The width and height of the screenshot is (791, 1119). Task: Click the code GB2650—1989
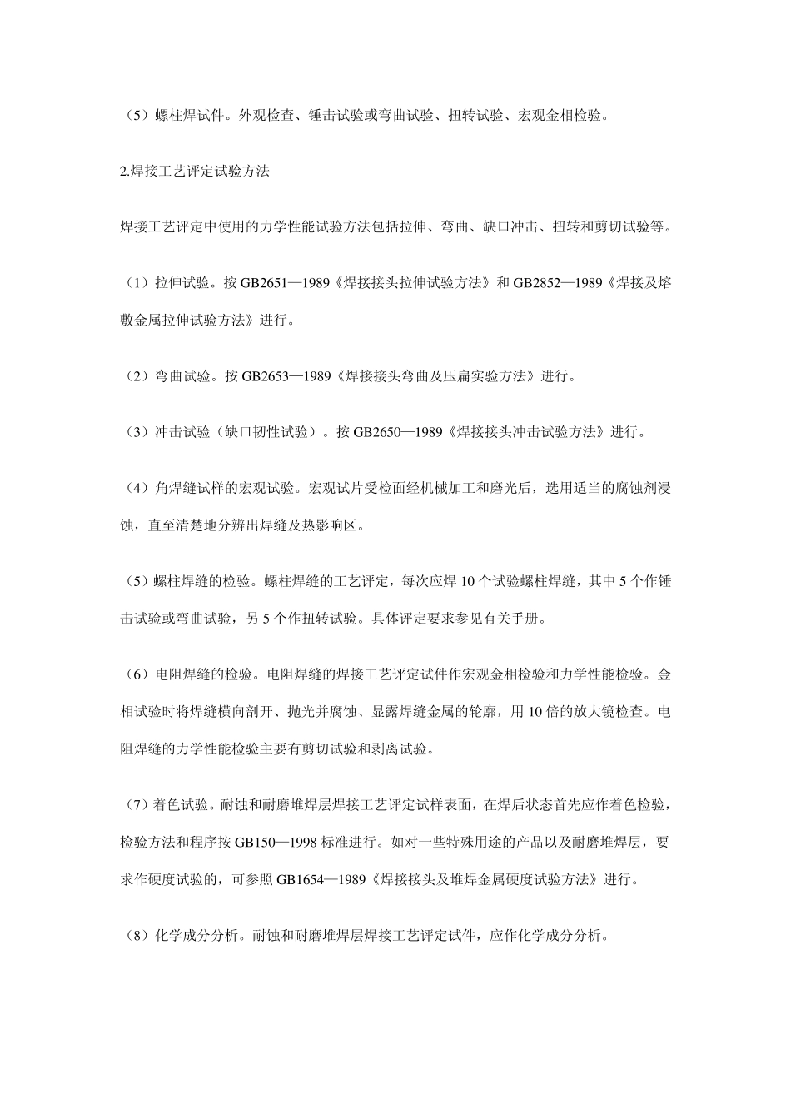tap(397, 432)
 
